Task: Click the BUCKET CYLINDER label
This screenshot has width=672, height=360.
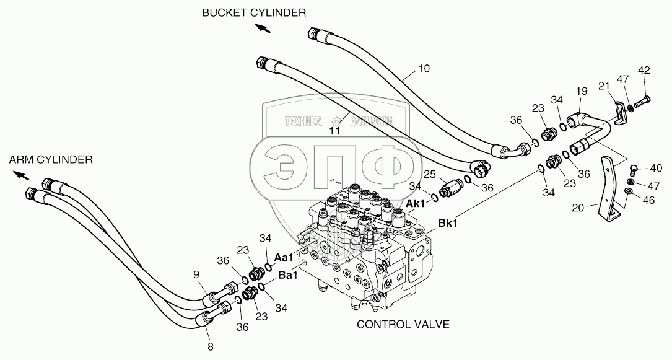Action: (x=254, y=12)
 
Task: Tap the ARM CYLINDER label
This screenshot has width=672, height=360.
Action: (x=51, y=160)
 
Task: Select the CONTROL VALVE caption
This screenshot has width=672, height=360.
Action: (x=402, y=323)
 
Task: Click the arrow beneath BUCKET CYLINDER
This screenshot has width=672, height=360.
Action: (x=263, y=28)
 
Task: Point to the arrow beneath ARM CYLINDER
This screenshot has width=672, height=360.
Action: (x=21, y=175)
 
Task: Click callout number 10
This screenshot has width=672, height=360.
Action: (x=423, y=69)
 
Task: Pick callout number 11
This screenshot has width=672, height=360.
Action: (x=335, y=131)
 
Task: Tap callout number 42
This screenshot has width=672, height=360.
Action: (x=644, y=70)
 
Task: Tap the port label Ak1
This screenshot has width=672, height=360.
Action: (x=416, y=203)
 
